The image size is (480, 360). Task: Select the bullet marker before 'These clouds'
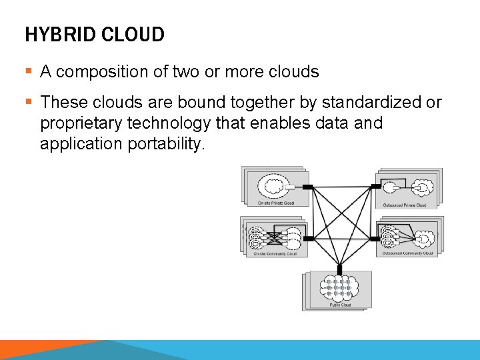[x=29, y=103]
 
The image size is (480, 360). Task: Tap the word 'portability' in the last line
[x=163, y=144]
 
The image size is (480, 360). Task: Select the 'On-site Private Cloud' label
[x=275, y=203]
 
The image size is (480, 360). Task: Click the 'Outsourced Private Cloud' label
[x=405, y=205]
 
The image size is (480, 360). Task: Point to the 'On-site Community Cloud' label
[x=275, y=253]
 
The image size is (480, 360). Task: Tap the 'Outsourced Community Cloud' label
[x=407, y=253]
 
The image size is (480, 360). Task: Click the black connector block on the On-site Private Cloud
[x=308, y=186]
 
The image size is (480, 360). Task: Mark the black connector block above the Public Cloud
[x=340, y=269]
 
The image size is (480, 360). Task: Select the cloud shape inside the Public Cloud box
[x=340, y=288]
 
